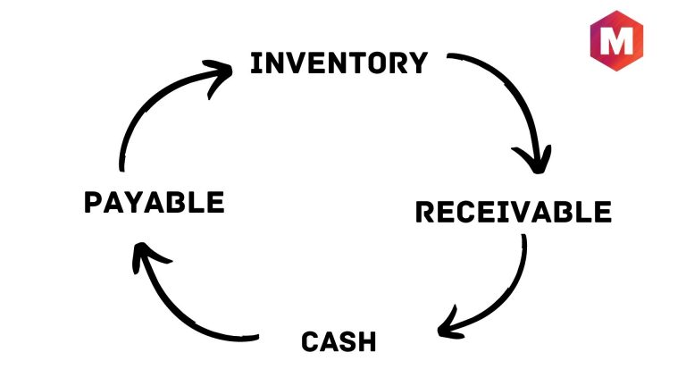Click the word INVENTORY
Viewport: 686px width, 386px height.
pos(339,63)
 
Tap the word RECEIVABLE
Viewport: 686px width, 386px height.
pos(514,212)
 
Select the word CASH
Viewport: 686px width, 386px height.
pos(339,341)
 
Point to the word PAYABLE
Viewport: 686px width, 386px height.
pos(154,202)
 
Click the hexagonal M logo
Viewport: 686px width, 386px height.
pos(618,42)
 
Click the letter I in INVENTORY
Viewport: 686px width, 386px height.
pos(255,63)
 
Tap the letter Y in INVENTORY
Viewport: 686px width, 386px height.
pos(417,63)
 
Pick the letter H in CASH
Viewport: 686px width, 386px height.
pos(366,341)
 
